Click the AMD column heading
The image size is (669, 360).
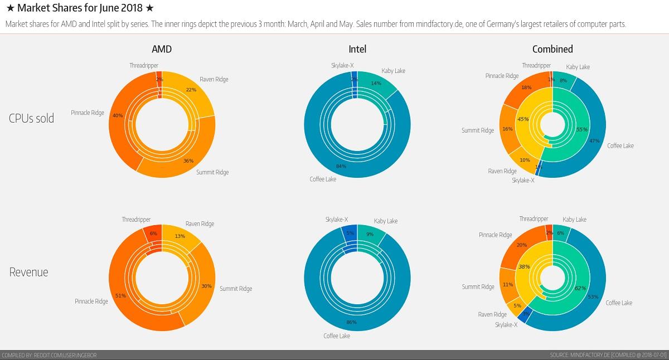pos(162,49)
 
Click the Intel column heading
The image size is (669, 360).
pos(357,49)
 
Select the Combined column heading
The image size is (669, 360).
pos(552,49)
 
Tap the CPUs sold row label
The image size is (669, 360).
pos(32,118)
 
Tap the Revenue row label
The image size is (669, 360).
pos(29,273)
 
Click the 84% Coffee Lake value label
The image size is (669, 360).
pos(341,166)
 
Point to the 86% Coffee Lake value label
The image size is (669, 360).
pos(351,323)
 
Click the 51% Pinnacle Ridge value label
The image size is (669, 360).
pos(120,295)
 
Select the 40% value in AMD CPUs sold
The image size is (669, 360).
pos(117,115)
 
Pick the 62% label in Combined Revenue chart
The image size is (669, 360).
pos(580,288)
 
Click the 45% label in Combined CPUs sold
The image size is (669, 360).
pos(523,119)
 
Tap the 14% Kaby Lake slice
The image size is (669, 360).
pos(376,84)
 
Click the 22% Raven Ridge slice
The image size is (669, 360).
pos(191,90)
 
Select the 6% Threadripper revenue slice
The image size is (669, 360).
pos(153,233)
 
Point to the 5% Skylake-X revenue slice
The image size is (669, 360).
pos(350,233)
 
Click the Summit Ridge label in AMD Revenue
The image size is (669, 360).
pos(235,289)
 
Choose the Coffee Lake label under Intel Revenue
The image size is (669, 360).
pos(337,336)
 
